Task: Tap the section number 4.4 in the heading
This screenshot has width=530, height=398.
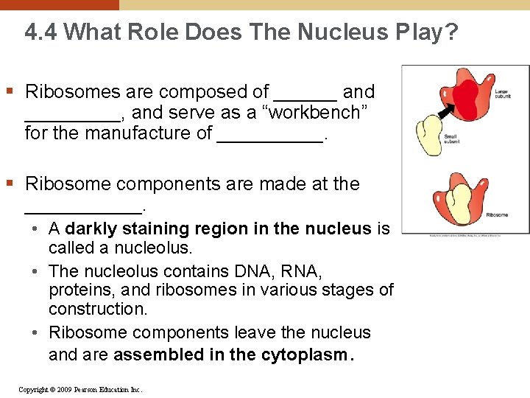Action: (x=40, y=32)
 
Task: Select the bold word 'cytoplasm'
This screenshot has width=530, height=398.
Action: (x=303, y=355)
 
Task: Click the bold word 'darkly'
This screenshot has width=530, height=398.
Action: (x=95, y=229)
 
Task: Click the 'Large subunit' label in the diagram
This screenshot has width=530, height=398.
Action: (x=502, y=94)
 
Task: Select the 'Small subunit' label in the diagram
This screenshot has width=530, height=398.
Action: (x=451, y=139)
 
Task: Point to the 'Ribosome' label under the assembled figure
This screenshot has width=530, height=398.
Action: (x=497, y=215)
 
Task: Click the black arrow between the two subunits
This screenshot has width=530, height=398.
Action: (x=444, y=112)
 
